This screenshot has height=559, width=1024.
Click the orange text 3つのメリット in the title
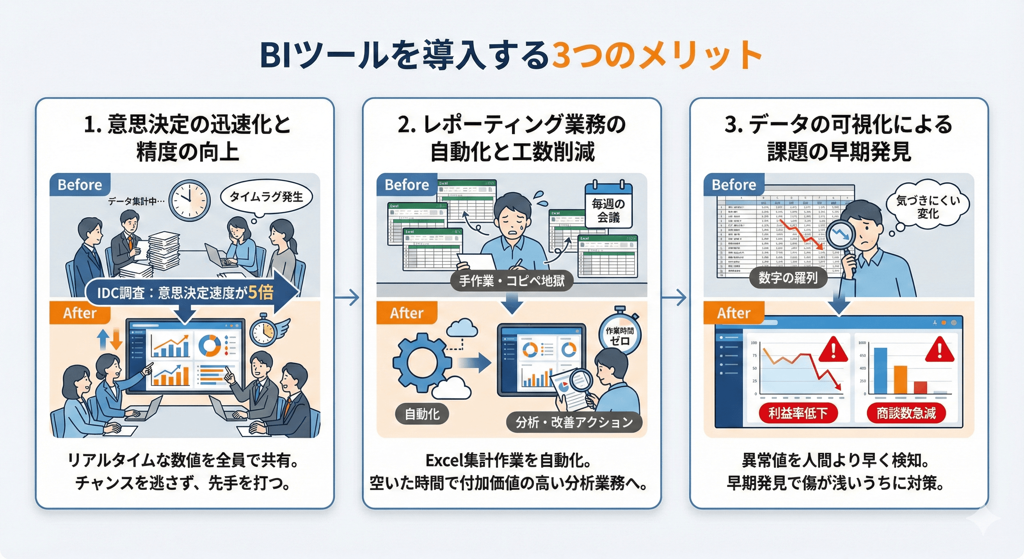click(x=656, y=56)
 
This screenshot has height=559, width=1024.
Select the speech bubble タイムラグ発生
click(x=266, y=197)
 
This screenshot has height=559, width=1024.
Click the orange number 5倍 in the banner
click(x=261, y=293)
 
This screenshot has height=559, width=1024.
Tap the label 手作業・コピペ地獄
click(x=512, y=281)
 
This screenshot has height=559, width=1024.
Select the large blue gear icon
click(x=421, y=362)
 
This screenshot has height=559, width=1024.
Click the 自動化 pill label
click(x=422, y=414)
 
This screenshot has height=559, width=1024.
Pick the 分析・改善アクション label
click(x=574, y=422)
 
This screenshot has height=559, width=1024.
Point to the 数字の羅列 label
click(x=788, y=278)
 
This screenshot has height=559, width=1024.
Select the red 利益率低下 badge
click(x=798, y=413)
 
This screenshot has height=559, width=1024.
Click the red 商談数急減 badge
click(x=906, y=413)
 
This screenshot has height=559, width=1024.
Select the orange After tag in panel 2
click(x=406, y=313)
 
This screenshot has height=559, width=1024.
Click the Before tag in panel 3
click(x=734, y=185)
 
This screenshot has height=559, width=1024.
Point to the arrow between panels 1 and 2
click(x=348, y=297)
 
